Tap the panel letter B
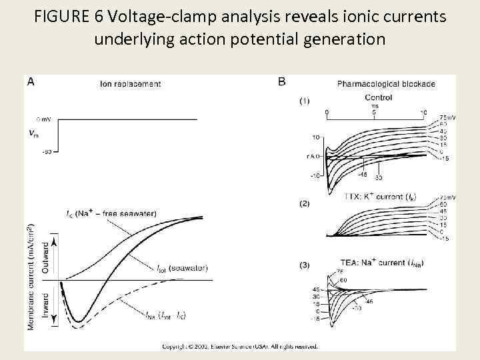[282, 82]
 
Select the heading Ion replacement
[130, 84]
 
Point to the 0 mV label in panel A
[43, 119]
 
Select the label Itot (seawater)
[183, 268]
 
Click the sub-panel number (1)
[304, 101]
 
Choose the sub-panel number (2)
[304, 203]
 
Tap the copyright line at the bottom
[240, 346]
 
